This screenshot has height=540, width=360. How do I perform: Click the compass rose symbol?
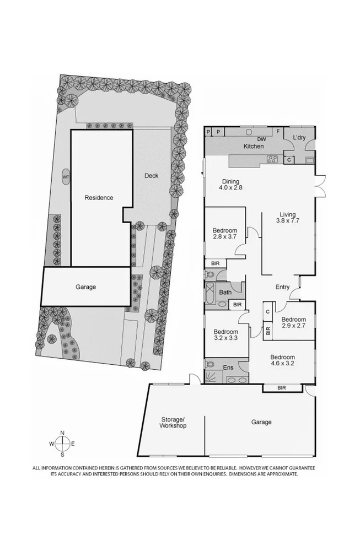click(62, 444)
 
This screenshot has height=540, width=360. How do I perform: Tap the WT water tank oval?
click(66, 177)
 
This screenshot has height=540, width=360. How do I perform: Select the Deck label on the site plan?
click(151, 176)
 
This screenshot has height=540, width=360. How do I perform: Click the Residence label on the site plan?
click(99, 197)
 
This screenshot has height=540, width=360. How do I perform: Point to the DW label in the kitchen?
click(254, 139)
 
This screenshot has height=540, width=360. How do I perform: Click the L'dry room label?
click(299, 137)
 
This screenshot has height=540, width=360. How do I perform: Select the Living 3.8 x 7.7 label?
click(287, 218)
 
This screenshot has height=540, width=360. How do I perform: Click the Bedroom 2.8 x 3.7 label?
click(225, 234)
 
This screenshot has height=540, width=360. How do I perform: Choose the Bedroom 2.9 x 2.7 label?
click(293, 323)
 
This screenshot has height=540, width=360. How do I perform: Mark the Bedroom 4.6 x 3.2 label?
click(282, 361)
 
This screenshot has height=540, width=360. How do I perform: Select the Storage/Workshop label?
click(174, 422)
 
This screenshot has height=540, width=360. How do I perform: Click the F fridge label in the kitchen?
click(278, 132)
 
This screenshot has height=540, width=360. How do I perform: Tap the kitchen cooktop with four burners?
click(272, 160)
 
